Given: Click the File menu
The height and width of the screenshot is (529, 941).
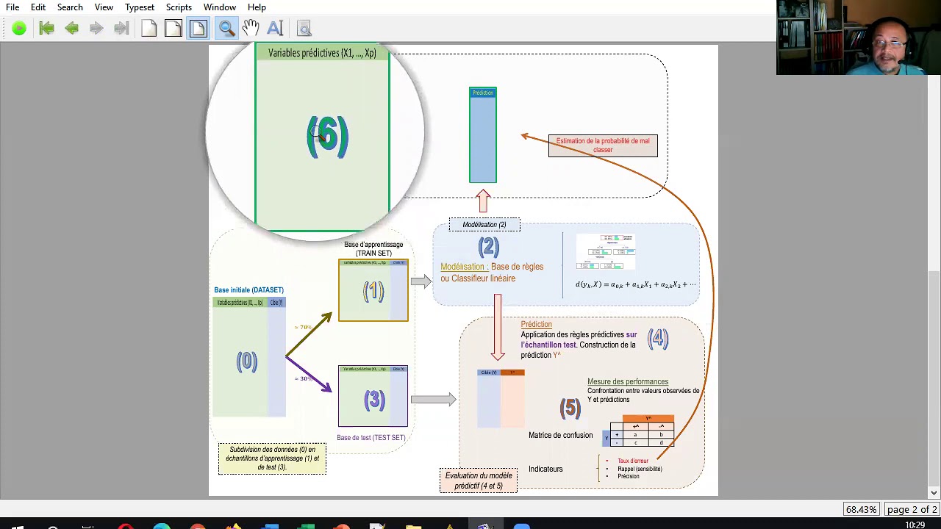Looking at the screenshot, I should (12, 7).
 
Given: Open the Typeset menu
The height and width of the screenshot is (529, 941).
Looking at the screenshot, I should (139, 7).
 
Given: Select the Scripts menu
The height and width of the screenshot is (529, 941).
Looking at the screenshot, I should (179, 7).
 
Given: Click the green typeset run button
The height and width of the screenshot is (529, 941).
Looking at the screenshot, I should (19, 28).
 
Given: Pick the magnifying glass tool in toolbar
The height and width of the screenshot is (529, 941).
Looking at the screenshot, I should (226, 28).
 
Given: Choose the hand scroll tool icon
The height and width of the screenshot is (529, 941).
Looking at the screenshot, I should (251, 28).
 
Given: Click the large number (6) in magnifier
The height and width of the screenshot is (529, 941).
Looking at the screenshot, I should (327, 137).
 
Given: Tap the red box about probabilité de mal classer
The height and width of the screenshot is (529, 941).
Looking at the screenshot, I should (603, 145).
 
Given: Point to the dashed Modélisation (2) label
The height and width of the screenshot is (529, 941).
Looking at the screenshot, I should (484, 225).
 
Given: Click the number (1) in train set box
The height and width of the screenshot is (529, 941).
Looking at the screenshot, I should (373, 292).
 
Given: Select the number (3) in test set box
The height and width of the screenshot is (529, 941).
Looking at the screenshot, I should (374, 400).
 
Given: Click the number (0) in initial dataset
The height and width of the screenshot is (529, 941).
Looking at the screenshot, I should (247, 361).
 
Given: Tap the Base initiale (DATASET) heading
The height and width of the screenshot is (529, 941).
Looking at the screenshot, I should (248, 290).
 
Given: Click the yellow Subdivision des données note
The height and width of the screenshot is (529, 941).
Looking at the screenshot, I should (272, 458).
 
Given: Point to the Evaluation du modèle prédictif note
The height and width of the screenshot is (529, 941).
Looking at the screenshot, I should (479, 481).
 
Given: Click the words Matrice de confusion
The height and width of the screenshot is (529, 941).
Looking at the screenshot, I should (560, 436).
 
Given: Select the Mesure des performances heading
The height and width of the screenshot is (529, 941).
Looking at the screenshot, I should (627, 382).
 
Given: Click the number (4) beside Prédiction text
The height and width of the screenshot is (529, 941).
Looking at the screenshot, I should (658, 339).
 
